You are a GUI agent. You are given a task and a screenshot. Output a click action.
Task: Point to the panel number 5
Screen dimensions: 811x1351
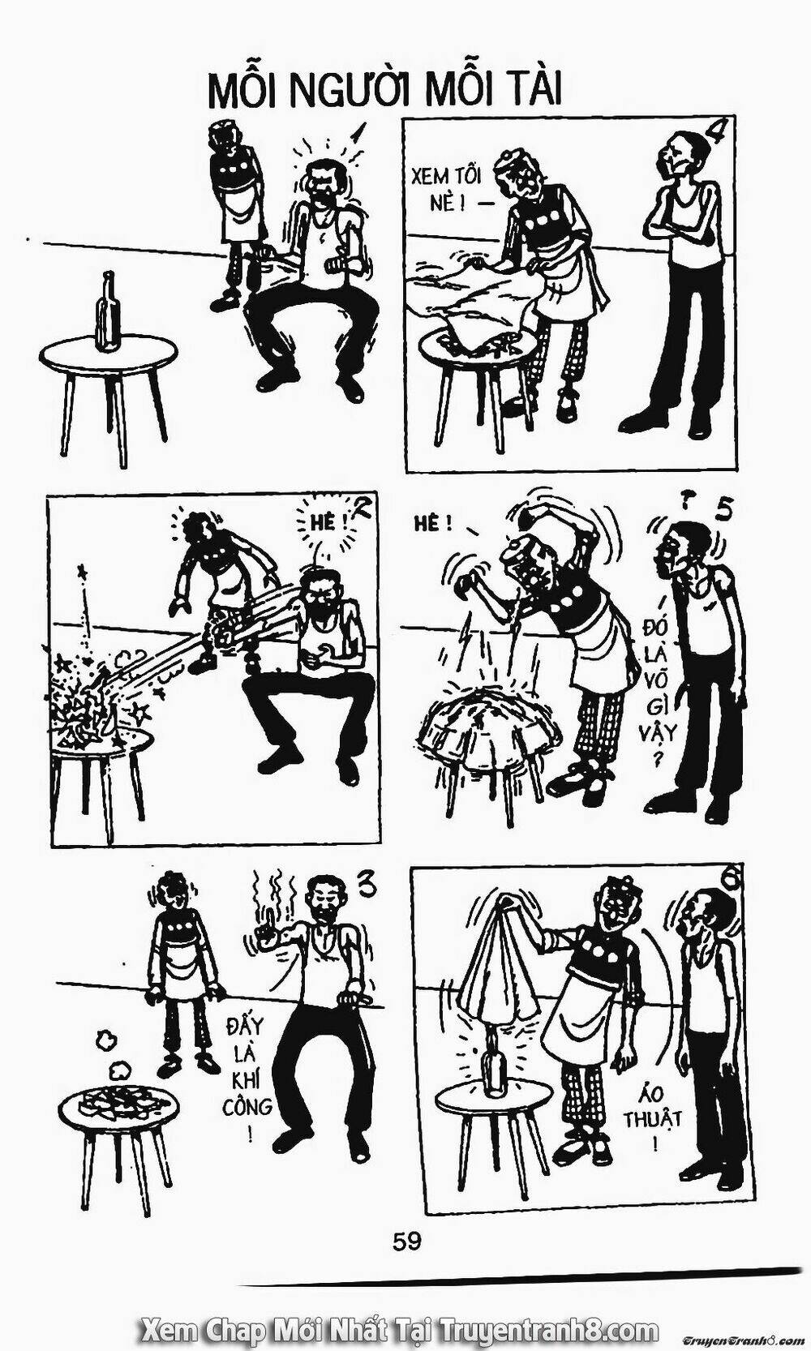[725, 512]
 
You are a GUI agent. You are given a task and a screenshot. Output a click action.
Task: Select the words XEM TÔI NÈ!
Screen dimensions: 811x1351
[442, 187]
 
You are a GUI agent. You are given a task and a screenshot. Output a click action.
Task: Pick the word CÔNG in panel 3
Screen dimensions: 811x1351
[246, 1105]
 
